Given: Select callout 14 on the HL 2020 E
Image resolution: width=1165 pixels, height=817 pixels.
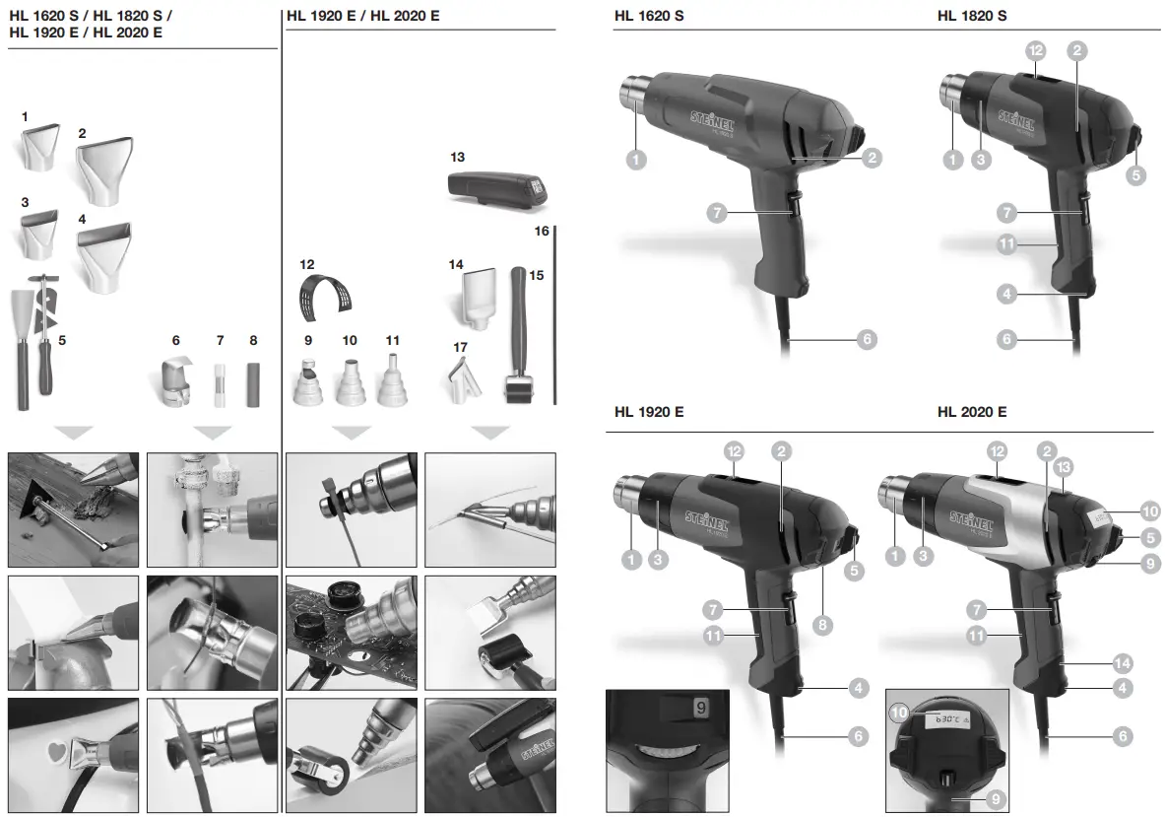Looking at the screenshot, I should [x=1122, y=662].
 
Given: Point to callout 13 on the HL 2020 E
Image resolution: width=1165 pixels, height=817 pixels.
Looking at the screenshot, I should [x=1063, y=465].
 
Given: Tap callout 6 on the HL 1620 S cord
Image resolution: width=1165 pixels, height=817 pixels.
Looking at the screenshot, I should [x=866, y=339].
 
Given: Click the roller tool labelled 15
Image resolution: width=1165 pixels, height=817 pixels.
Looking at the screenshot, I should [x=520, y=335].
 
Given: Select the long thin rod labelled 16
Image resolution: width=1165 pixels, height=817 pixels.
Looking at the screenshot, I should [x=554, y=315].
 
